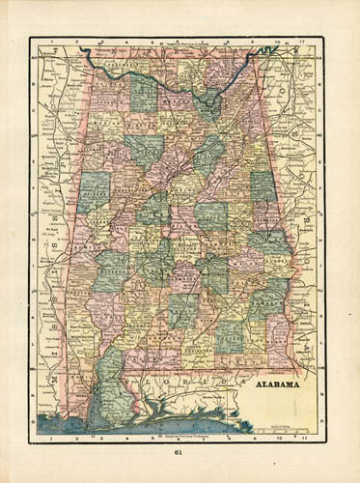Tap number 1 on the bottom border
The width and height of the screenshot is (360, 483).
(50, 438)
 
